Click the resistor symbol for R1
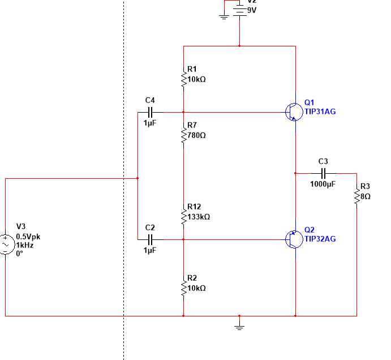pos(183,78)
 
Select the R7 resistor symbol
pos(183,135)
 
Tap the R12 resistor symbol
pos(183,216)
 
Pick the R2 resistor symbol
pos(183,288)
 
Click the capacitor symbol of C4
pos(150,112)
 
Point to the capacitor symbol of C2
pos(150,239)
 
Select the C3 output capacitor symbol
pos(323,173)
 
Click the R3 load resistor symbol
pos(356,197)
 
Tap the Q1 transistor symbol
pos(293,112)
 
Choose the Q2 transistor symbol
pos(293,239)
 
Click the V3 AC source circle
pos(6,244)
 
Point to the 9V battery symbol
pos(240,10)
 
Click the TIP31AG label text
pos(320,112)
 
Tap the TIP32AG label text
pos(320,239)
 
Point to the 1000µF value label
pos(323,184)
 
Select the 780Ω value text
pos(196,135)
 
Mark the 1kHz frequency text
pos(24,245)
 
